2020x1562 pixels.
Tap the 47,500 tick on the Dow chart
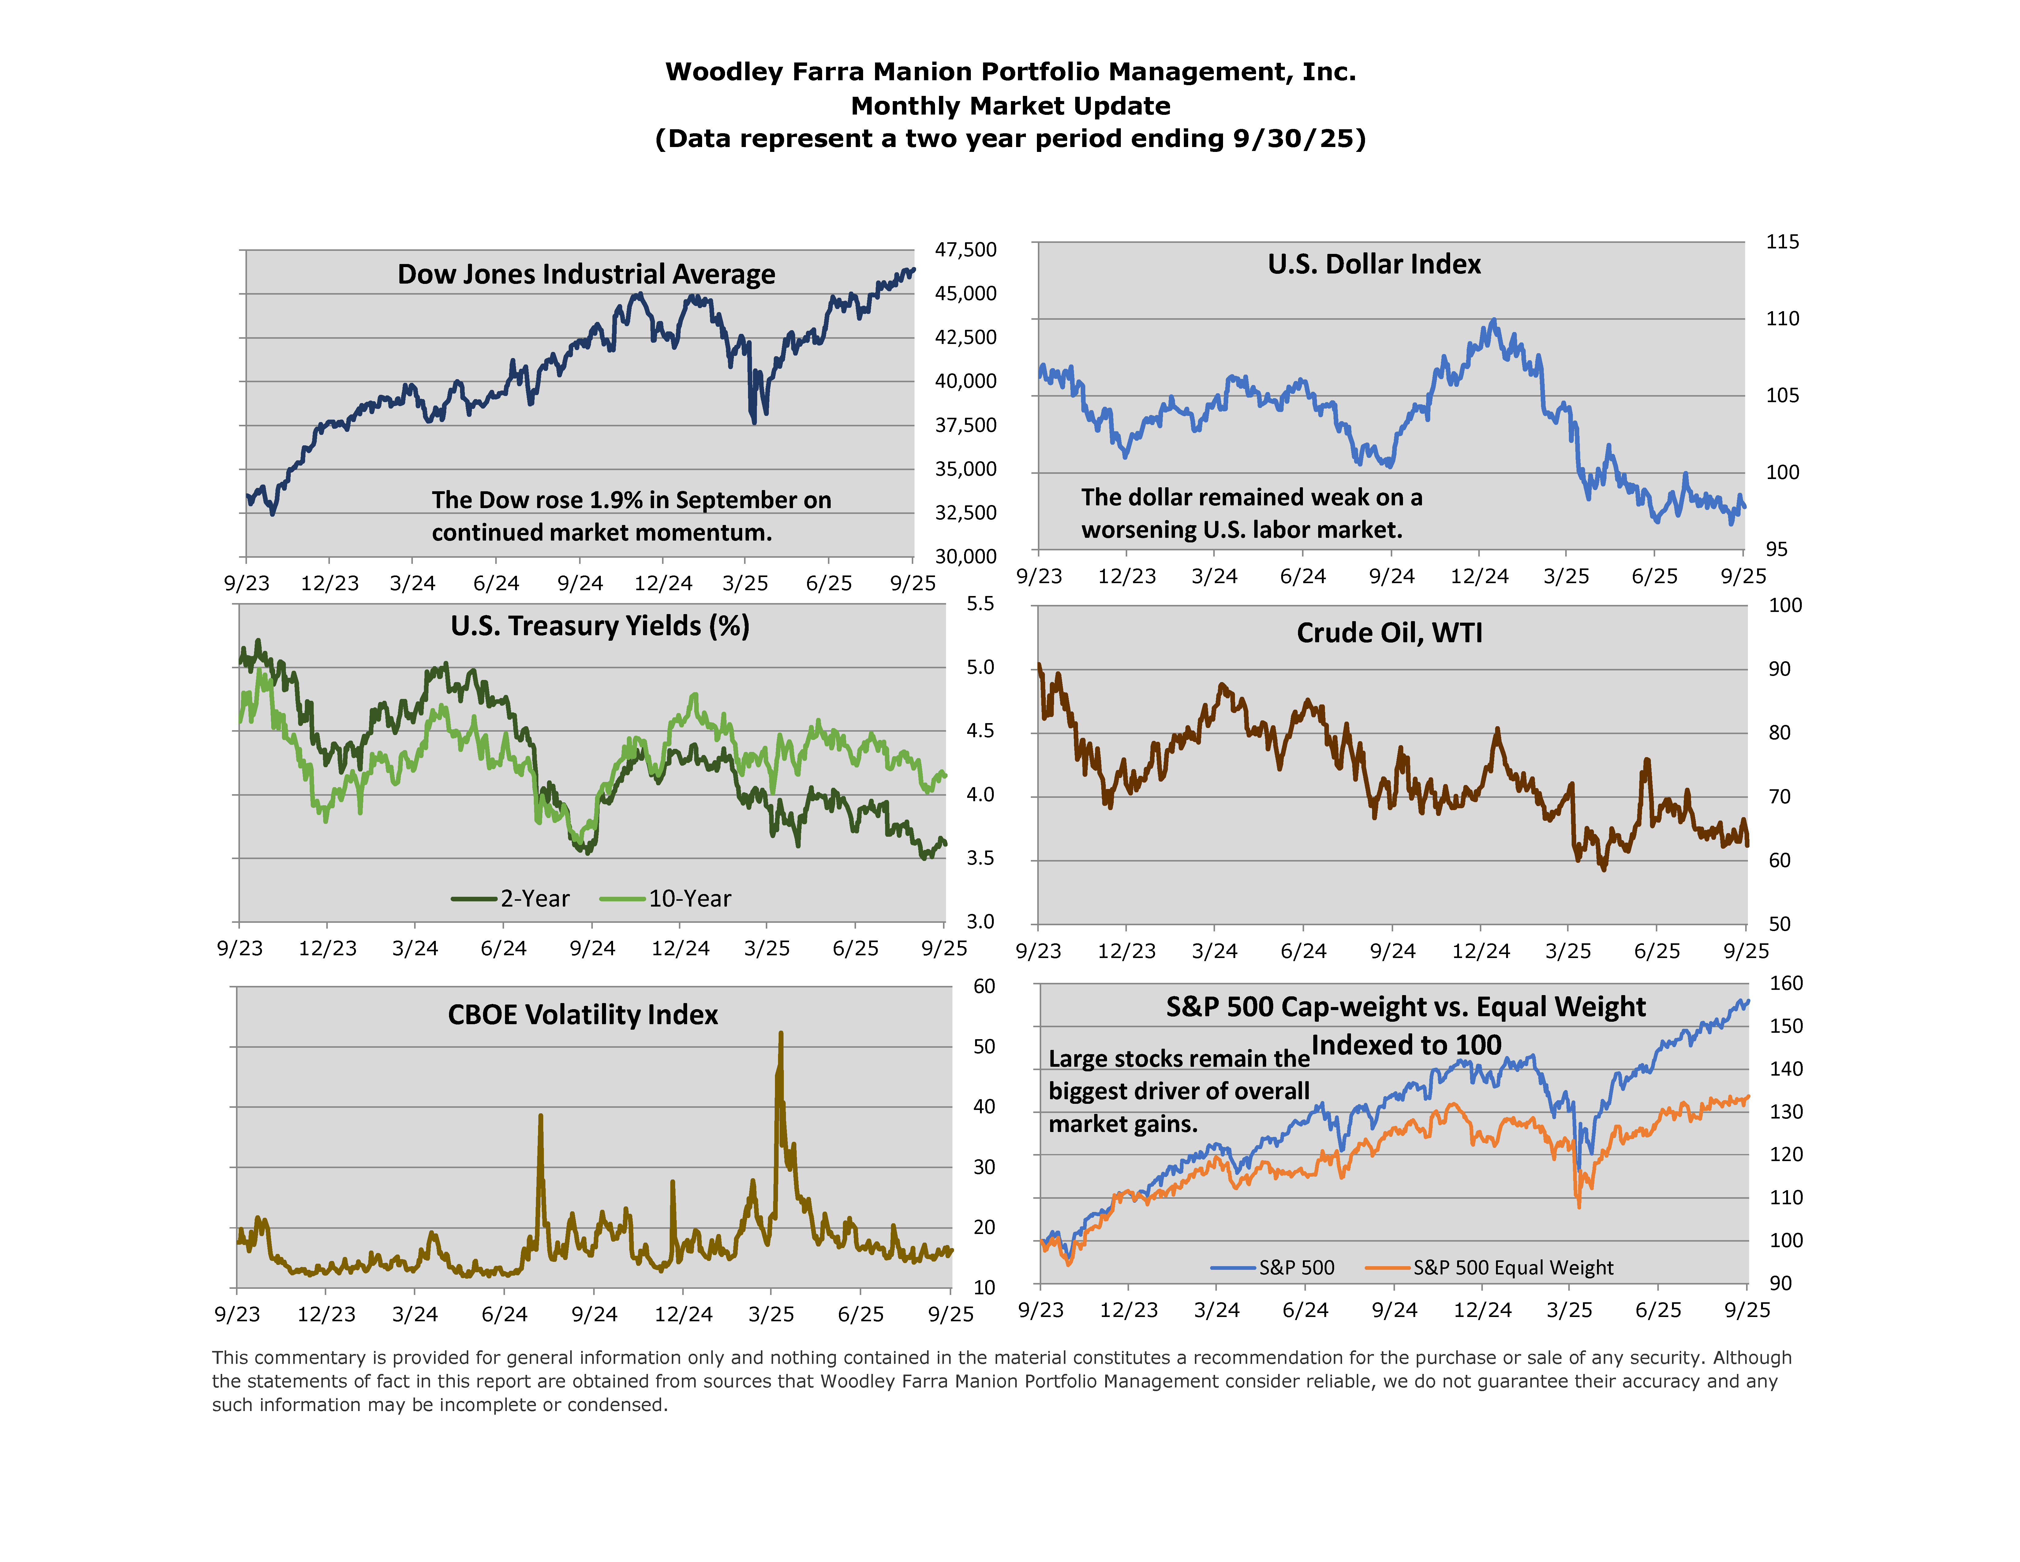pyautogui.click(x=966, y=250)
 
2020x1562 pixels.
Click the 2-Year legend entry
pyautogui.click(x=511, y=899)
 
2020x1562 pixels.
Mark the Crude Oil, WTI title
pyautogui.click(x=1389, y=633)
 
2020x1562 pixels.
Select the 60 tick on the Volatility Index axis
pyautogui.click(x=984, y=987)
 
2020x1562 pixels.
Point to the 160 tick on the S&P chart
pyautogui.click(x=1786, y=984)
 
